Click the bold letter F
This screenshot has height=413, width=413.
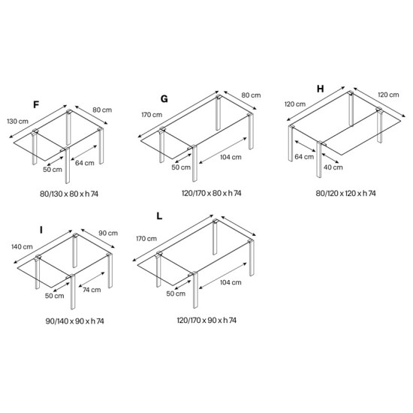click(x=36, y=105)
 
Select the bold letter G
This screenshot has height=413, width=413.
click(x=164, y=99)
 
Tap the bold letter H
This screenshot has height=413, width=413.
click(x=321, y=89)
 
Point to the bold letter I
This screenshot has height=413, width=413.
click(x=41, y=231)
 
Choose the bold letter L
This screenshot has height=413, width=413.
click(x=159, y=216)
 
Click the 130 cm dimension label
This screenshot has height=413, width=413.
click(x=18, y=122)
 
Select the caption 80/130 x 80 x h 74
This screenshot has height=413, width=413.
click(x=69, y=194)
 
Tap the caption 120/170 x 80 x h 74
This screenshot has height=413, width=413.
click(x=212, y=193)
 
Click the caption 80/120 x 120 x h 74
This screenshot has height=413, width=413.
click(x=346, y=194)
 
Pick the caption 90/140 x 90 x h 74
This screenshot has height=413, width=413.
click(x=75, y=321)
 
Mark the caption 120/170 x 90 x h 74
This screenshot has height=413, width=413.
click(x=206, y=321)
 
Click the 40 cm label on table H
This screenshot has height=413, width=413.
click(x=333, y=167)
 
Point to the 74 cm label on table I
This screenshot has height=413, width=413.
click(x=92, y=290)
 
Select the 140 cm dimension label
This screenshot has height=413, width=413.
click(x=22, y=247)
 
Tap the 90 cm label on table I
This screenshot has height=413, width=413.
click(x=108, y=233)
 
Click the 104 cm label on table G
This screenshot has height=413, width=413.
click(x=231, y=157)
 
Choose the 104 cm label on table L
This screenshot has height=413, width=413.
click(x=231, y=282)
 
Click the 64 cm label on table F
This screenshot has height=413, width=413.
click(x=85, y=163)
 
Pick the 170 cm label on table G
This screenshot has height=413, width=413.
click(x=152, y=115)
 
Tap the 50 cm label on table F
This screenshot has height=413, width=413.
click(x=53, y=170)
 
